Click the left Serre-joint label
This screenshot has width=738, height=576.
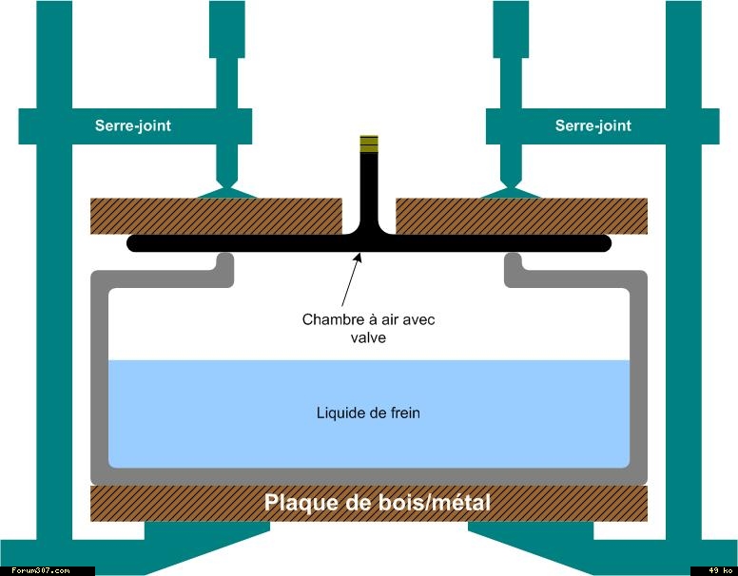[x=133, y=125]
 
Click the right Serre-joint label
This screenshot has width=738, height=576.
[x=592, y=125]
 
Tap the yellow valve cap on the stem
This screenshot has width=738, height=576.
[x=368, y=144]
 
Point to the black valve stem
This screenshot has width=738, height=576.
[x=368, y=190]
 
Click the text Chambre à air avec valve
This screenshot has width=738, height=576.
[x=368, y=328]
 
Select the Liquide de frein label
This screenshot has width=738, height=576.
[x=368, y=413]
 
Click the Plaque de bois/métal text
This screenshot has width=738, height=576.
[x=378, y=502]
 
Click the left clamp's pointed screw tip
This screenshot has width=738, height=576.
[x=226, y=187]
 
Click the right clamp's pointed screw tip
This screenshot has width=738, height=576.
[x=511, y=187]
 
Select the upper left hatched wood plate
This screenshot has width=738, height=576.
[x=215, y=216]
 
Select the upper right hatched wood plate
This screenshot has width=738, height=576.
[x=521, y=216]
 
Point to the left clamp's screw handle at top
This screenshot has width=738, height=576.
[x=226, y=29]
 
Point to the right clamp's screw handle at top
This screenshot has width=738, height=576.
[x=511, y=29]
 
